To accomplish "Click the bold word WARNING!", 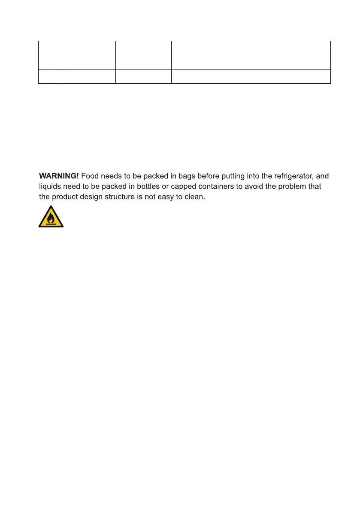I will [x=59, y=176].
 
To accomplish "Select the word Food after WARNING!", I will [x=90, y=176].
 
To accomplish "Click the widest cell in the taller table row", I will [x=251, y=55].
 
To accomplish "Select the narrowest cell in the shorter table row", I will [x=50, y=76].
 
